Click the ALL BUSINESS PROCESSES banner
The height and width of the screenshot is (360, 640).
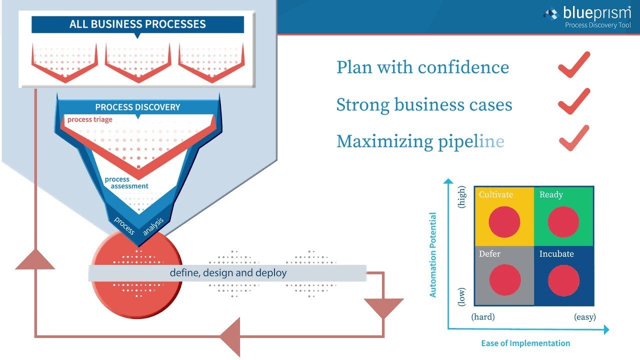137,24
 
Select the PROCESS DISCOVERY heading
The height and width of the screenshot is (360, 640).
137,107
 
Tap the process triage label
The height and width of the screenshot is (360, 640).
90,119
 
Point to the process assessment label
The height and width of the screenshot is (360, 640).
126,182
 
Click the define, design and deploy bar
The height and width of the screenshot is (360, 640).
227,273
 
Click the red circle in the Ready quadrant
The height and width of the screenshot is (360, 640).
563,222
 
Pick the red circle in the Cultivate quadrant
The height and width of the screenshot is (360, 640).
504,222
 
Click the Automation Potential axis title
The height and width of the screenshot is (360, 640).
433,255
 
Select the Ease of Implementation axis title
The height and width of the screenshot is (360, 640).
525,343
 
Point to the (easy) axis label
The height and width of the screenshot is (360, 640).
584,317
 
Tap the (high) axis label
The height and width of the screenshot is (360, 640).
462,197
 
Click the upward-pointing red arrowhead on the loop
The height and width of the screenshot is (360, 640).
35,259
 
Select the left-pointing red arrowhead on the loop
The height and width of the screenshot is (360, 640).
231,336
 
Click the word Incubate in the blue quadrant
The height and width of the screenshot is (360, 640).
556,254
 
